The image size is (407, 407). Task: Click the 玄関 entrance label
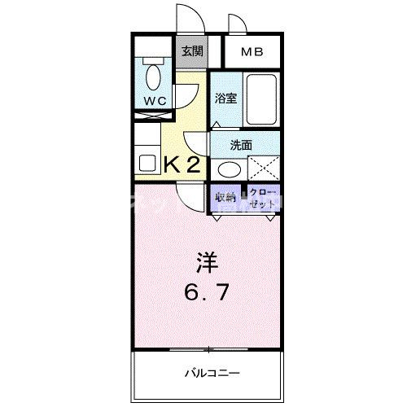193,51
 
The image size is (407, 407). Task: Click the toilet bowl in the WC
151,77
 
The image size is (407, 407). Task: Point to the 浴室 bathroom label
225,98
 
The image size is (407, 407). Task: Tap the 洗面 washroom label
240,145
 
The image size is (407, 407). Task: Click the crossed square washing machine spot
264,168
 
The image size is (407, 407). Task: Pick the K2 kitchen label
182,164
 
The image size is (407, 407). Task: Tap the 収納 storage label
226,196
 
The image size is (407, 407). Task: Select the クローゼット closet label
262,196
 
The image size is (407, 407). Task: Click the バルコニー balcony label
210,372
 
